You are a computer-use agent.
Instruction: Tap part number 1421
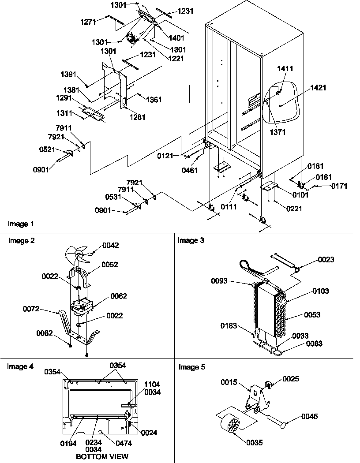click(x=318, y=88)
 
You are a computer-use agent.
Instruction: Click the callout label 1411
click(x=285, y=69)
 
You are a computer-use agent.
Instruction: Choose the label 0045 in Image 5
click(x=310, y=416)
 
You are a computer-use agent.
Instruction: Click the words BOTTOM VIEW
click(x=102, y=456)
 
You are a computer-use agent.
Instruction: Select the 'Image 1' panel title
click(x=21, y=224)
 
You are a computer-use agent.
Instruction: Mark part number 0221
click(x=293, y=209)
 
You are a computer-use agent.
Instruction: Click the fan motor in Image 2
click(x=79, y=306)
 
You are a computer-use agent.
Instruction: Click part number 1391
click(x=69, y=74)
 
